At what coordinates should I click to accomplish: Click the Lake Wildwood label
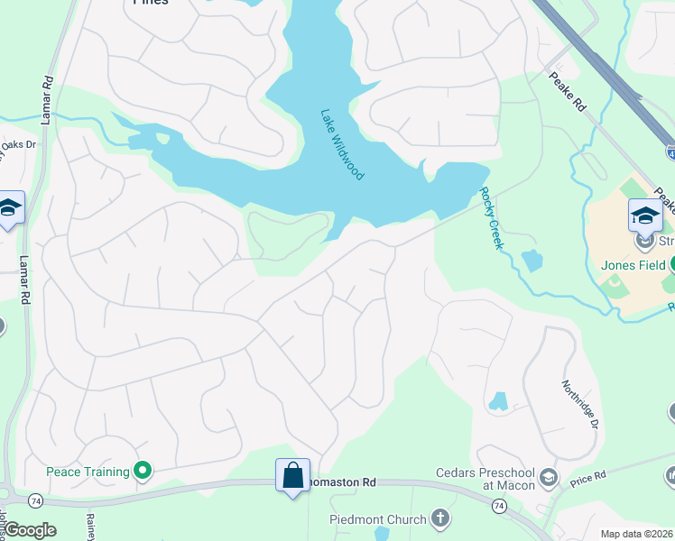[x=342, y=144]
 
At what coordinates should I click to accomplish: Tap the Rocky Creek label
[x=489, y=218]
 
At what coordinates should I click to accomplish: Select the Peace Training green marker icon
[x=142, y=471]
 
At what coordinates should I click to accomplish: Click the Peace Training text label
[x=88, y=472]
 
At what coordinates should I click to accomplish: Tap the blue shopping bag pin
[x=292, y=475]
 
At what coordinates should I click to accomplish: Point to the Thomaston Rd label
[x=343, y=482]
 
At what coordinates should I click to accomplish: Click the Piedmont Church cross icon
[x=439, y=518]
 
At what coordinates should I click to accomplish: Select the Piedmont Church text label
[x=378, y=519]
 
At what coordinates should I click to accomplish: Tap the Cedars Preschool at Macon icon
[x=549, y=477]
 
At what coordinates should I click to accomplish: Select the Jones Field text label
[x=633, y=265]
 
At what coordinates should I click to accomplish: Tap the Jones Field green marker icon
[x=673, y=264]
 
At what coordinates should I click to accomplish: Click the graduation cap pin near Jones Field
[x=645, y=215]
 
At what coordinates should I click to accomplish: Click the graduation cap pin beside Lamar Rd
[x=10, y=208]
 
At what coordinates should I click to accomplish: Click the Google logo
[x=31, y=530]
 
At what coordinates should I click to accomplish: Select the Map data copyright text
[x=637, y=534]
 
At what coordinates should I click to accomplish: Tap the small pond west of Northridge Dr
[x=498, y=401]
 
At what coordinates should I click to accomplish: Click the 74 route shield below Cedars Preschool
[x=498, y=508]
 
